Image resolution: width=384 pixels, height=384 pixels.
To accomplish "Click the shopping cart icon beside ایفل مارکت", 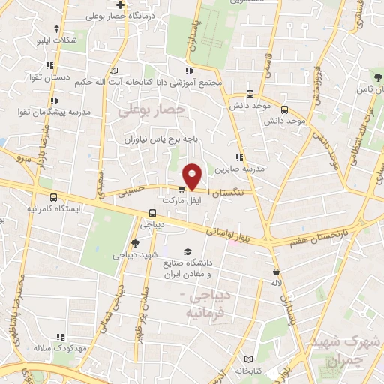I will (182, 189).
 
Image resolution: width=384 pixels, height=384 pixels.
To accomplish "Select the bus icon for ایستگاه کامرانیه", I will (53, 197).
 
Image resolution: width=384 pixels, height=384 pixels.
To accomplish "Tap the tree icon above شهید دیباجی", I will (134, 242).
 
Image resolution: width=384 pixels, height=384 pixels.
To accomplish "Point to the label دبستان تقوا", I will (72, 76).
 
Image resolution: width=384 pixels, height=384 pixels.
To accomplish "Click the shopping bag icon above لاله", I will (277, 271).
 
